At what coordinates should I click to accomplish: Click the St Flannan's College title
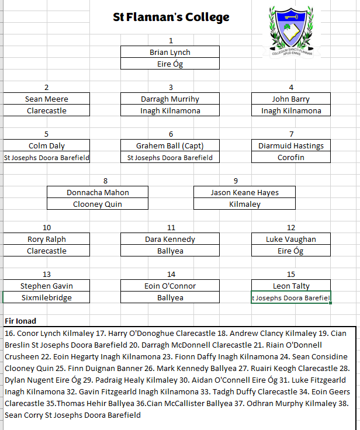171,18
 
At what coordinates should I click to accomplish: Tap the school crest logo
292,31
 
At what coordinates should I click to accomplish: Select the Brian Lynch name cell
170,52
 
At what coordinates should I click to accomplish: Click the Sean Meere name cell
46,99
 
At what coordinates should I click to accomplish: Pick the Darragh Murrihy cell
170,99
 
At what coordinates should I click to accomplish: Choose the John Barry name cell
291,99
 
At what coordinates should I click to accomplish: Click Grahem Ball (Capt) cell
170,145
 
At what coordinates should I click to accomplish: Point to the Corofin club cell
291,157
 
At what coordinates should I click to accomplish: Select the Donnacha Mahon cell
98,192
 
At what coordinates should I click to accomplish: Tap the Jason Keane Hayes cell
244,192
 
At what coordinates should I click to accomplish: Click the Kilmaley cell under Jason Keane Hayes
244,204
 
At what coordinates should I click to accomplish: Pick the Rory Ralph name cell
46,239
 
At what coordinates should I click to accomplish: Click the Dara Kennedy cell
170,239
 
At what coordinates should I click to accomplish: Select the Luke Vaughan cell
291,239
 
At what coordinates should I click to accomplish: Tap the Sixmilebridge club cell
46,297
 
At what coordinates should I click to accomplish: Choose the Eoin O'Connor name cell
170,286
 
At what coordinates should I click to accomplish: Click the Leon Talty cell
291,286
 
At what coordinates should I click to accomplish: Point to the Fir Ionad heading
20,321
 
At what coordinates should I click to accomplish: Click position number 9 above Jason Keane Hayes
236,181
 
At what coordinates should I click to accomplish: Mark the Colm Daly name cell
46,145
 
